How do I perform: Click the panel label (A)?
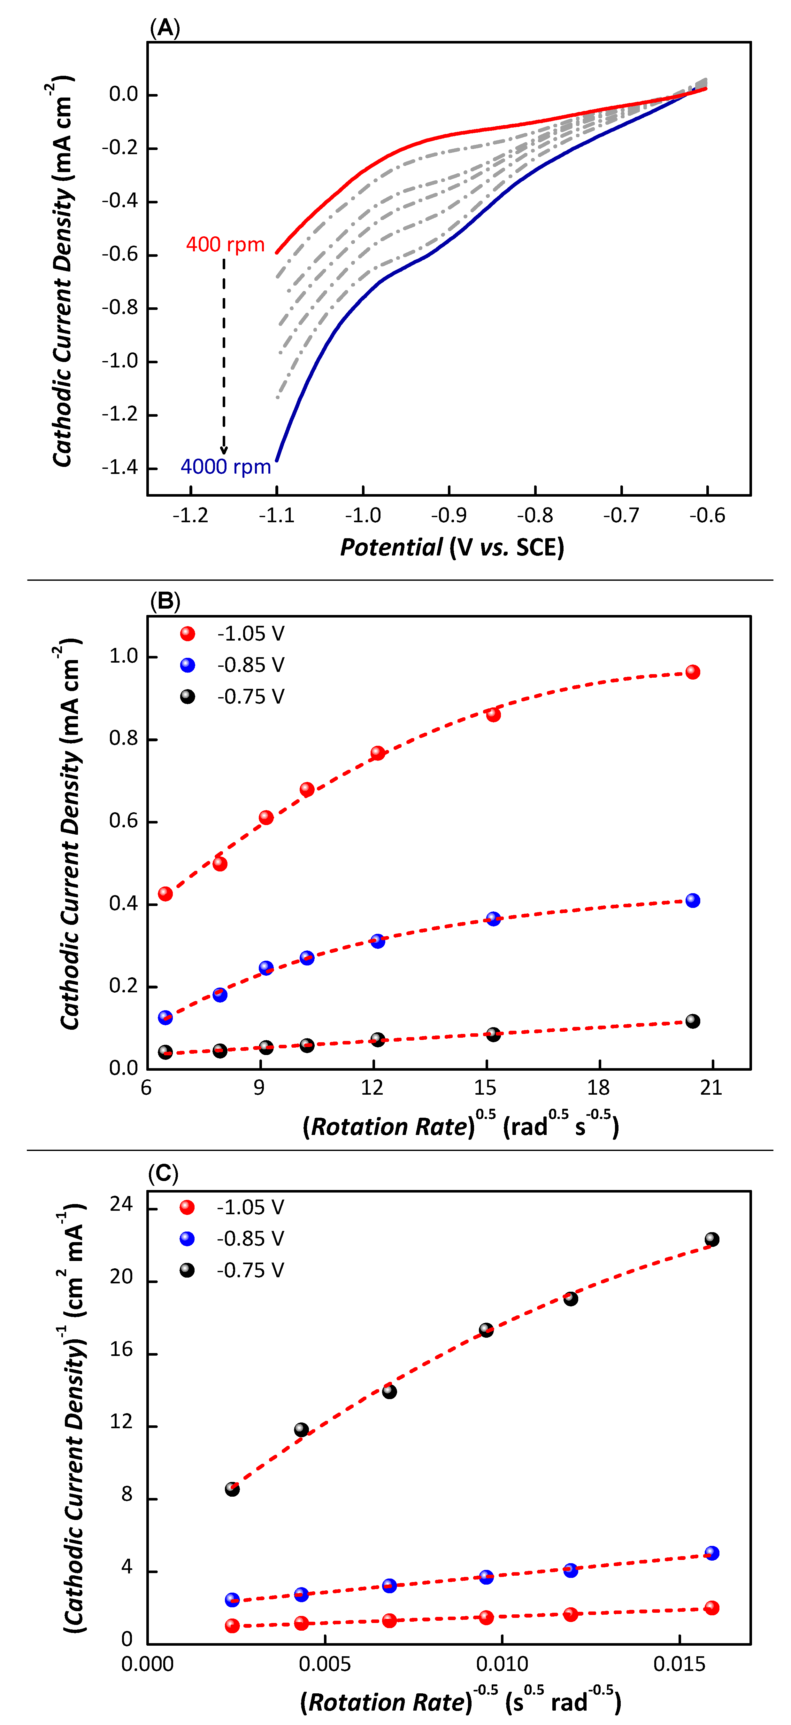(165, 28)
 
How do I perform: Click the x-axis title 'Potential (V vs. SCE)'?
(452, 548)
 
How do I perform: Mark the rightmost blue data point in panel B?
(693, 901)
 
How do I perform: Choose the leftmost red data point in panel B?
(165, 894)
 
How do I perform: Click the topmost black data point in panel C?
(712, 1240)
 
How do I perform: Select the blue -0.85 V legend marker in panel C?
(188, 1239)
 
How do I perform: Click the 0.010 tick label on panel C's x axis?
(502, 1664)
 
